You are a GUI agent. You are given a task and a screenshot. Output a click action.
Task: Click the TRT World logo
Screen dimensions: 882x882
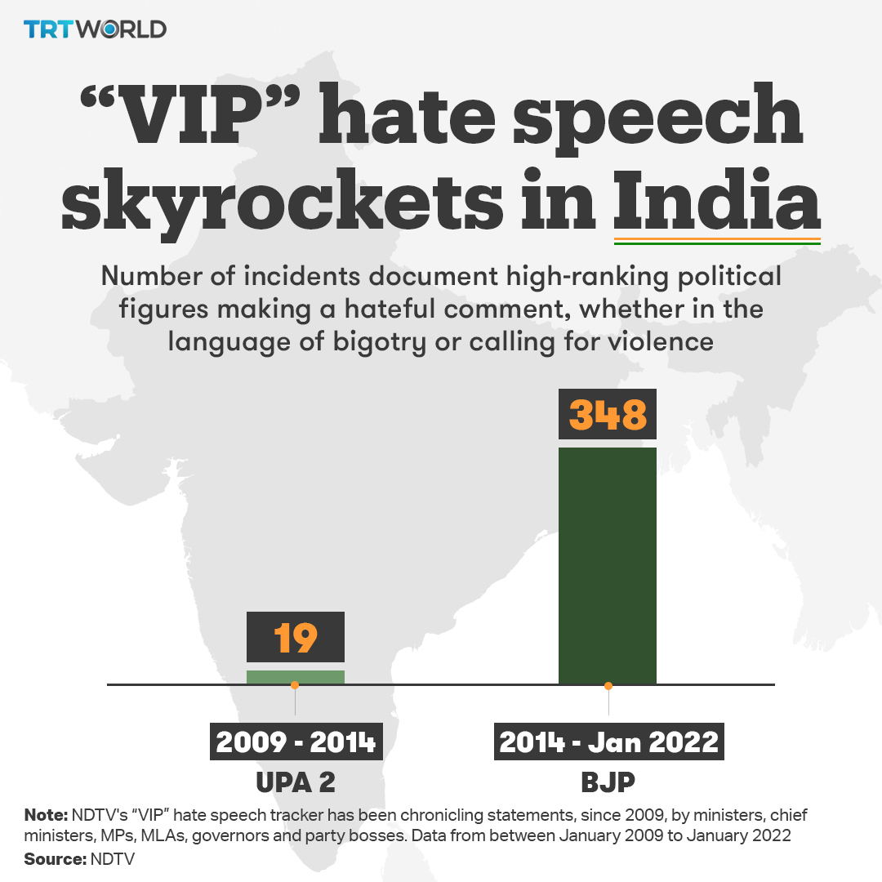click(x=95, y=29)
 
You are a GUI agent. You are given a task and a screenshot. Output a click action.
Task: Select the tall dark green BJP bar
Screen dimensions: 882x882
click(x=608, y=565)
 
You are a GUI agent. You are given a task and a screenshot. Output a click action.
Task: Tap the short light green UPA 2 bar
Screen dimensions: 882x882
click(x=296, y=676)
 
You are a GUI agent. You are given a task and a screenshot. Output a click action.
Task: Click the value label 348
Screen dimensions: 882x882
click(x=608, y=414)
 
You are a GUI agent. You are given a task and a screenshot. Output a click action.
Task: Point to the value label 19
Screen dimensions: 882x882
click(x=296, y=637)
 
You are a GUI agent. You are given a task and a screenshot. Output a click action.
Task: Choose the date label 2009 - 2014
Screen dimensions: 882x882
click(x=296, y=742)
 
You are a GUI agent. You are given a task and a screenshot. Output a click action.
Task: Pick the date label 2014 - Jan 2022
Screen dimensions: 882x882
click(x=608, y=742)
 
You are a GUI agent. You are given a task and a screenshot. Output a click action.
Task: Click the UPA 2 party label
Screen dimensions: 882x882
click(x=296, y=782)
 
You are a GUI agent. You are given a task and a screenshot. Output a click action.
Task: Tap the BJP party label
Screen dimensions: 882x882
click(x=608, y=782)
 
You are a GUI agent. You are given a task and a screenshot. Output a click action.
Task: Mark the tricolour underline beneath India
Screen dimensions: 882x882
click(x=716, y=241)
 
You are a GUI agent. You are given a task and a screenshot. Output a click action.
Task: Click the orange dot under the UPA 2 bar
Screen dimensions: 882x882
click(x=295, y=685)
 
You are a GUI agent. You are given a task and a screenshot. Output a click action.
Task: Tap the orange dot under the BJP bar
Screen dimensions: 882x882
click(x=608, y=685)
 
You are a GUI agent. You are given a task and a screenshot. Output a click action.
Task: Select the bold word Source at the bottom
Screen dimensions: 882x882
click(x=54, y=859)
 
